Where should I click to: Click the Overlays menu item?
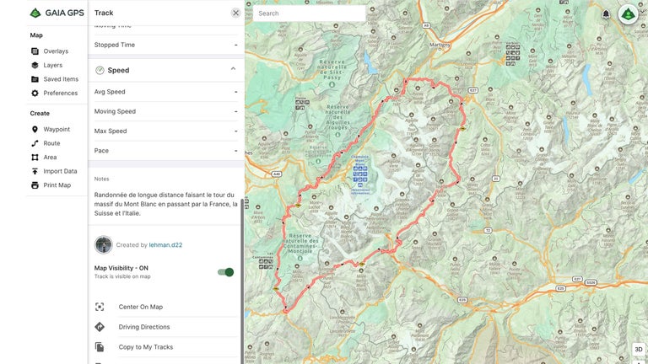[x=55, y=51]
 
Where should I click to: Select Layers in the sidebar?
[x=52, y=65]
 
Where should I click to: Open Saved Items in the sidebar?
[x=61, y=79]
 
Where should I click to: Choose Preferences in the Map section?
[x=60, y=94]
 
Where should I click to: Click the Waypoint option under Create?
[x=57, y=130]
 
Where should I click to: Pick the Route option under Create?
[x=51, y=143]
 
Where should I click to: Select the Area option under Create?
[x=50, y=158]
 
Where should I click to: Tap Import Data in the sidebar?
[x=60, y=171]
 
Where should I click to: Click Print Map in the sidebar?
[x=57, y=185]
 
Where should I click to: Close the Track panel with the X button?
[x=235, y=13]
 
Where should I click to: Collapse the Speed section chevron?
[x=233, y=70]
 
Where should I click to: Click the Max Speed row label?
[x=111, y=131]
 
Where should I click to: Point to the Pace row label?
[x=101, y=151]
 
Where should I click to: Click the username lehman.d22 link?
[x=166, y=245]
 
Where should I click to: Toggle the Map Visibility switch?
[x=225, y=272]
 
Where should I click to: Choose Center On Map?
[x=140, y=307]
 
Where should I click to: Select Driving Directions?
[x=143, y=327]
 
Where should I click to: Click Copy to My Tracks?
[x=145, y=347]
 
